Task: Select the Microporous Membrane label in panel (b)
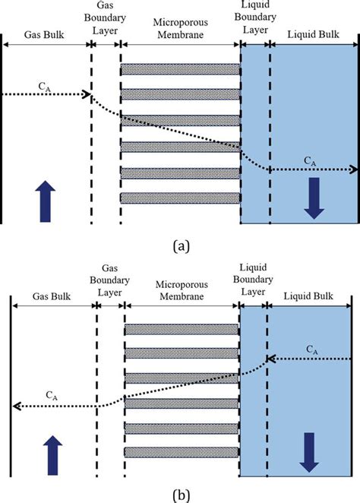[182, 291]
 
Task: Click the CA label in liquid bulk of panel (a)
[311, 160]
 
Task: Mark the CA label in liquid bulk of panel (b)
[311, 349]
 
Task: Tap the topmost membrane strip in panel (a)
[180, 69]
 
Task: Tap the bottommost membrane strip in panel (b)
[182, 452]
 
